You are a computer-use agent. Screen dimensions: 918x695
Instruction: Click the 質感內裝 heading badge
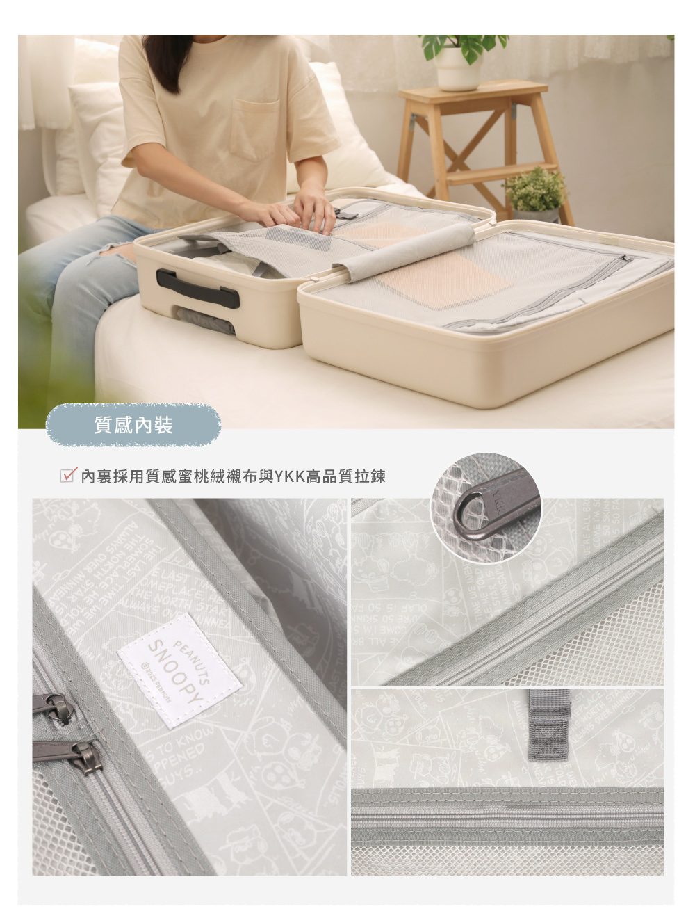pos(133,425)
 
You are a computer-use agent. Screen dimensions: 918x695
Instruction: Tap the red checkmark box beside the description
pos(67,476)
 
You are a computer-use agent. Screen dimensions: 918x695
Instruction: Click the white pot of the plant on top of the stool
pos(457,70)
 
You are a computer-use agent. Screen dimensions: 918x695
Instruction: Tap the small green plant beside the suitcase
pos(536,190)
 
